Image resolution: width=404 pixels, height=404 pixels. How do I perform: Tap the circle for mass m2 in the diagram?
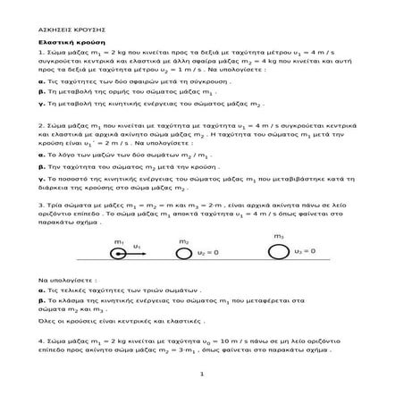pos(184,254)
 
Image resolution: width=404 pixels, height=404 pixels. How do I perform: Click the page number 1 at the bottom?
pos(202,387)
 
